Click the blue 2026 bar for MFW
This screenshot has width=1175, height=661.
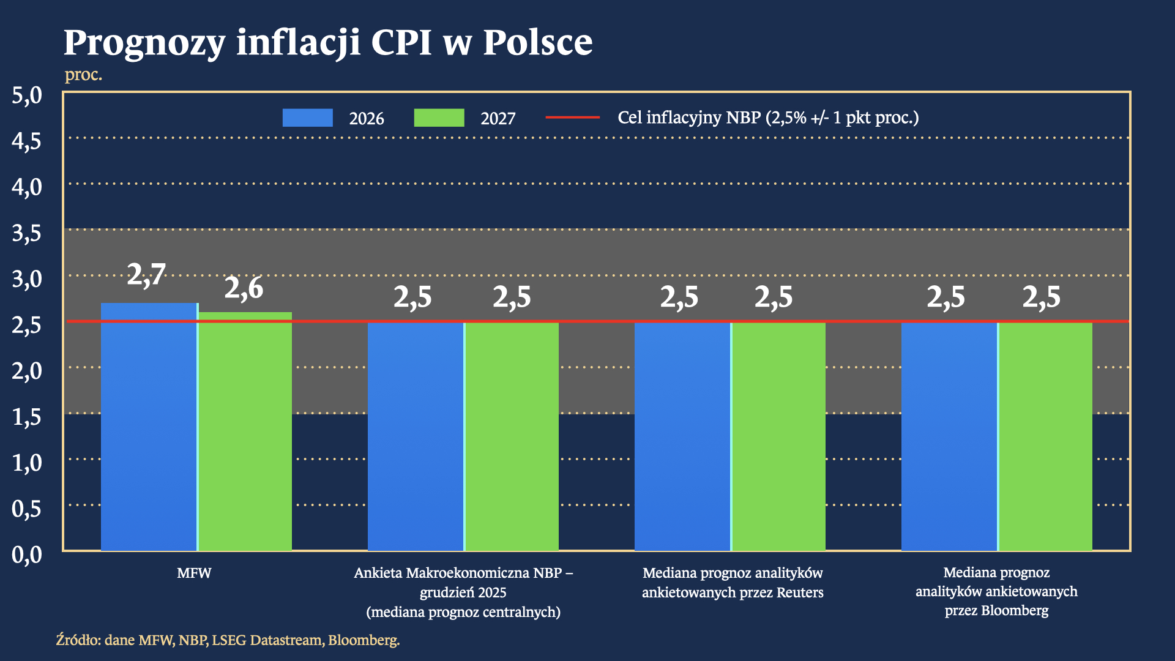(x=149, y=428)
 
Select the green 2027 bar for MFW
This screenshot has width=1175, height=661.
(x=245, y=431)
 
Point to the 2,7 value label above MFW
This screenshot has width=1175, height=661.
(x=146, y=274)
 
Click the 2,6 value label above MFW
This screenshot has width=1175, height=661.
(x=244, y=288)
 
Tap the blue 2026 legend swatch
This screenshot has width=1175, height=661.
(x=307, y=118)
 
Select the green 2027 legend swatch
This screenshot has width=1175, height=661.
(x=439, y=118)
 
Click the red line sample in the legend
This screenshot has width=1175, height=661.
(x=572, y=117)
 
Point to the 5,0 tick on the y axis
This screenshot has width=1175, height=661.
(x=27, y=95)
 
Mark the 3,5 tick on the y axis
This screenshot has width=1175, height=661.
(x=27, y=233)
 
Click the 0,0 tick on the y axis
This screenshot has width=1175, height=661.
(x=27, y=555)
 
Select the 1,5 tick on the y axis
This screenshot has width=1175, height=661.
(x=27, y=417)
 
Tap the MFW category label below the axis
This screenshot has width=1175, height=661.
(x=194, y=573)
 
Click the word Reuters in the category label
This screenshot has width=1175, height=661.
(x=800, y=592)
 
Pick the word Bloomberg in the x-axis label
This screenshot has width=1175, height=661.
(x=1014, y=611)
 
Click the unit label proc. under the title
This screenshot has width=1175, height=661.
(x=83, y=75)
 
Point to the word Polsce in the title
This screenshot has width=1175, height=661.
(x=537, y=43)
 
